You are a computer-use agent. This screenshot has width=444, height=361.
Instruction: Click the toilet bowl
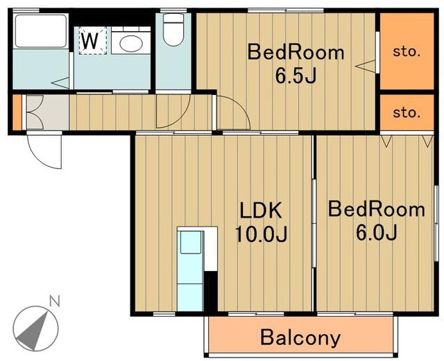(173, 30)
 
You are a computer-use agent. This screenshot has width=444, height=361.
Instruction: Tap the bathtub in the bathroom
(41, 31)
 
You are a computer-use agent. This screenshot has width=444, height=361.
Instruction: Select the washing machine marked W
(92, 40)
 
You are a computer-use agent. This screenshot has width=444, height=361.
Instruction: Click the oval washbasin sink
(131, 44)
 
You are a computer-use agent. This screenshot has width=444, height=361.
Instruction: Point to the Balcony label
(300, 337)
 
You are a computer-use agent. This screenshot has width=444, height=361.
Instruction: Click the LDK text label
(261, 210)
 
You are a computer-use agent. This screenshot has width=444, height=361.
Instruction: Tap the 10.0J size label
(261, 234)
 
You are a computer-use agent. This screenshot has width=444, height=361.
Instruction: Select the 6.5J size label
(296, 76)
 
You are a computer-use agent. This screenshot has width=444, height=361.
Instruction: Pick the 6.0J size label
(376, 232)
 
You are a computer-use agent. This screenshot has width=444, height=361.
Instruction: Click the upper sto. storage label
(407, 51)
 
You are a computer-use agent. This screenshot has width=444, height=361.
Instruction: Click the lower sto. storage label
(407, 113)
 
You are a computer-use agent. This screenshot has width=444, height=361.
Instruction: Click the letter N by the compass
(55, 301)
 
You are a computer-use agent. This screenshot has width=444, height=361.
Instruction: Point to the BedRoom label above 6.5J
(296, 53)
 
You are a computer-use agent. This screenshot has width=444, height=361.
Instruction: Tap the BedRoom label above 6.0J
(376, 209)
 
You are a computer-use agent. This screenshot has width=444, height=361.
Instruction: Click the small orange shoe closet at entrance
(17, 112)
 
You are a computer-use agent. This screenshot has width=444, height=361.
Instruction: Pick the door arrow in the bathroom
(60, 82)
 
